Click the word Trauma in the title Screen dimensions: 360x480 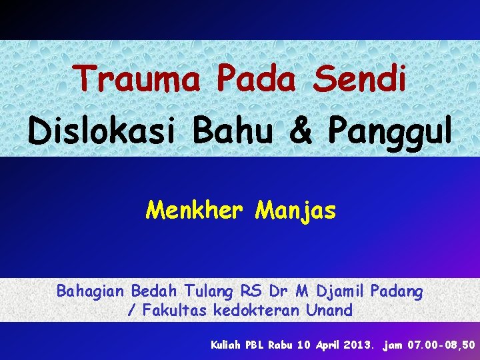[x=137, y=79]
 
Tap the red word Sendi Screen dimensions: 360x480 [x=360, y=79]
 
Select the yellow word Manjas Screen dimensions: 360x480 [x=296, y=211]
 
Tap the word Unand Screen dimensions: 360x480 [x=329, y=310]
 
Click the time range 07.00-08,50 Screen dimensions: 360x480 [x=439, y=345]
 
